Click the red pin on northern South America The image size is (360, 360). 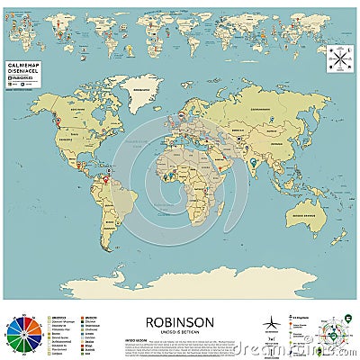pos(106,179)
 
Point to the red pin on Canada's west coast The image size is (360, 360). pos(57,120)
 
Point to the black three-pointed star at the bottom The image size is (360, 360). pos(271,324)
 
